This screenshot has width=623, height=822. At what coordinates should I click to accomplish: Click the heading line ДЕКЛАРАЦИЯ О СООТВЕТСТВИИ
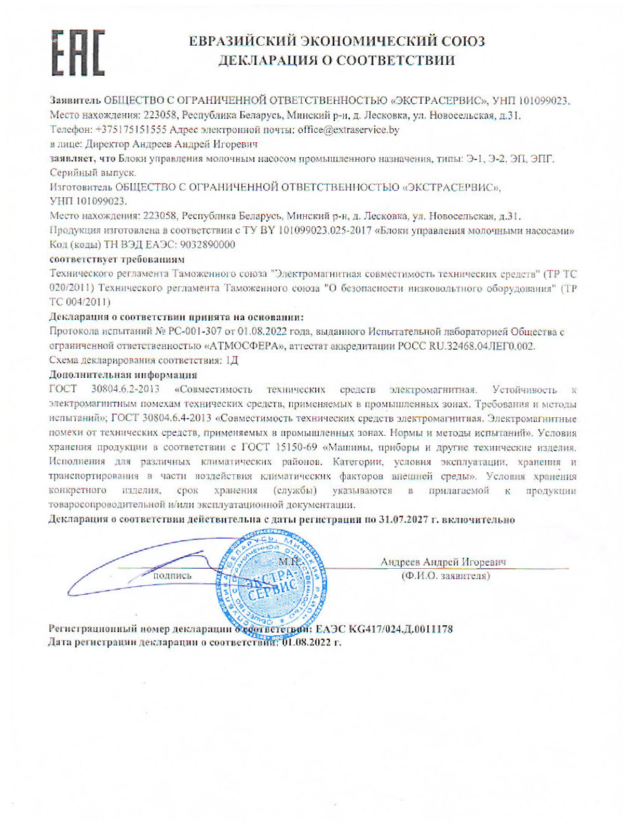click(x=336, y=61)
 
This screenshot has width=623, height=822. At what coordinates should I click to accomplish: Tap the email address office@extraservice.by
click(x=348, y=130)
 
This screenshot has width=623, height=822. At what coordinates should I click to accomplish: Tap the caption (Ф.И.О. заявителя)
click(x=445, y=576)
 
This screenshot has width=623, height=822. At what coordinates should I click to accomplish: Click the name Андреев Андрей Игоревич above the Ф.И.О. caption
click(x=443, y=562)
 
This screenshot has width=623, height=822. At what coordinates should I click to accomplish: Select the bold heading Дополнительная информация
click(x=123, y=375)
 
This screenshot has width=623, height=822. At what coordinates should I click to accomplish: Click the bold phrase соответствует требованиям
click(x=117, y=259)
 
